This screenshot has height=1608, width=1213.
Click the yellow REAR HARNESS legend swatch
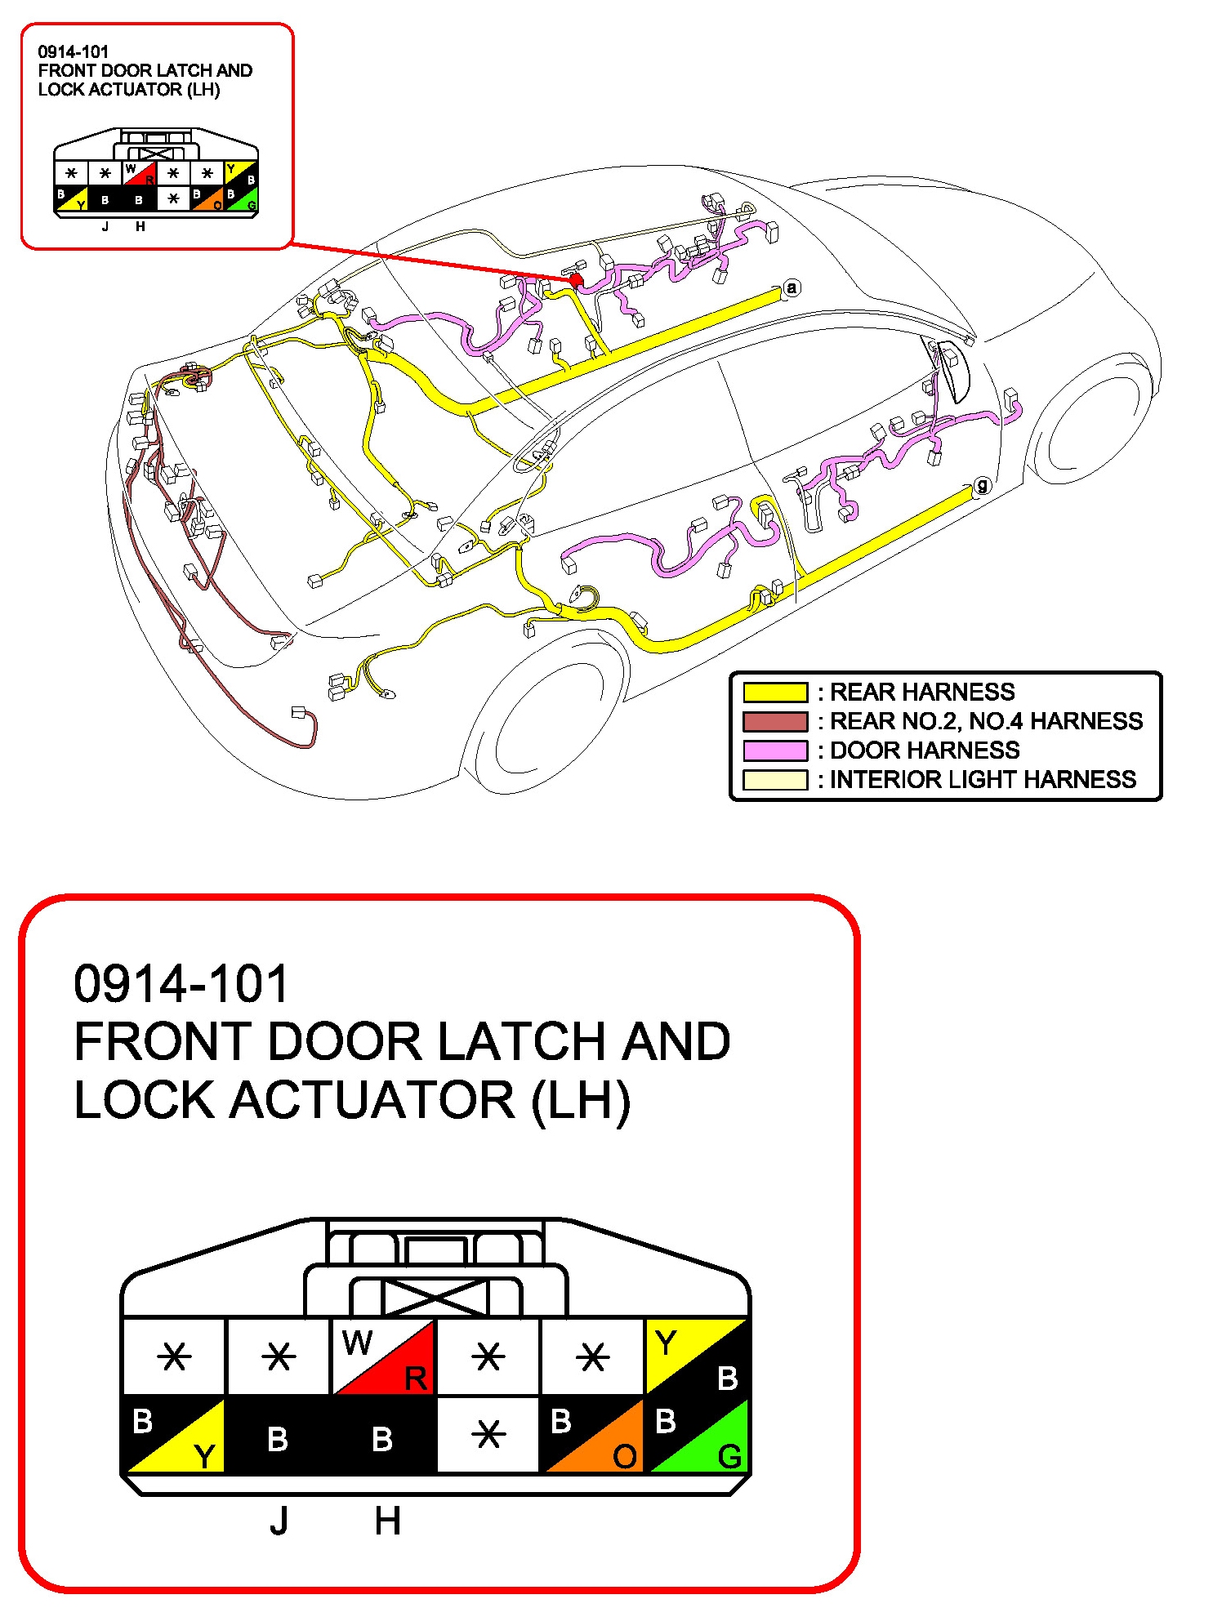(774, 693)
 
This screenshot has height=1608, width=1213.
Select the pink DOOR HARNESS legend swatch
(774, 751)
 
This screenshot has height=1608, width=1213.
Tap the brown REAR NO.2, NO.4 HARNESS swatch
(774, 722)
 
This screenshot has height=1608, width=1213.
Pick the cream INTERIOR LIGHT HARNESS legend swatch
(774, 780)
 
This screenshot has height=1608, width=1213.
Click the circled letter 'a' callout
(791, 287)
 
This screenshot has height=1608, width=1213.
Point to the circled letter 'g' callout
(982, 486)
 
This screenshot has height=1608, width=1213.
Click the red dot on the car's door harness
(576, 280)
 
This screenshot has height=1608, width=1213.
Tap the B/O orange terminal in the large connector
(592, 1435)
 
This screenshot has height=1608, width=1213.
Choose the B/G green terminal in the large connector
(697, 1435)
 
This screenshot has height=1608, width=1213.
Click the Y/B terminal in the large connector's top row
(697, 1357)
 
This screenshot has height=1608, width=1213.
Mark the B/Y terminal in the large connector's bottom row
(174, 1435)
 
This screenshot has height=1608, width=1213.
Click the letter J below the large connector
(279, 1521)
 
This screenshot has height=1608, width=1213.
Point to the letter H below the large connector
(387, 1521)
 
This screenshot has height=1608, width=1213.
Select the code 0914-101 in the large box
(181, 983)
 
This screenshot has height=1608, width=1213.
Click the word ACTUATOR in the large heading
(372, 1100)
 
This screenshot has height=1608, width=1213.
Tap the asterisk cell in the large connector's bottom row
(488, 1435)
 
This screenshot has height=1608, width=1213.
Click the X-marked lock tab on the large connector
(435, 1298)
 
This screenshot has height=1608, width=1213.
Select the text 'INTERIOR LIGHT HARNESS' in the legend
(983, 780)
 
